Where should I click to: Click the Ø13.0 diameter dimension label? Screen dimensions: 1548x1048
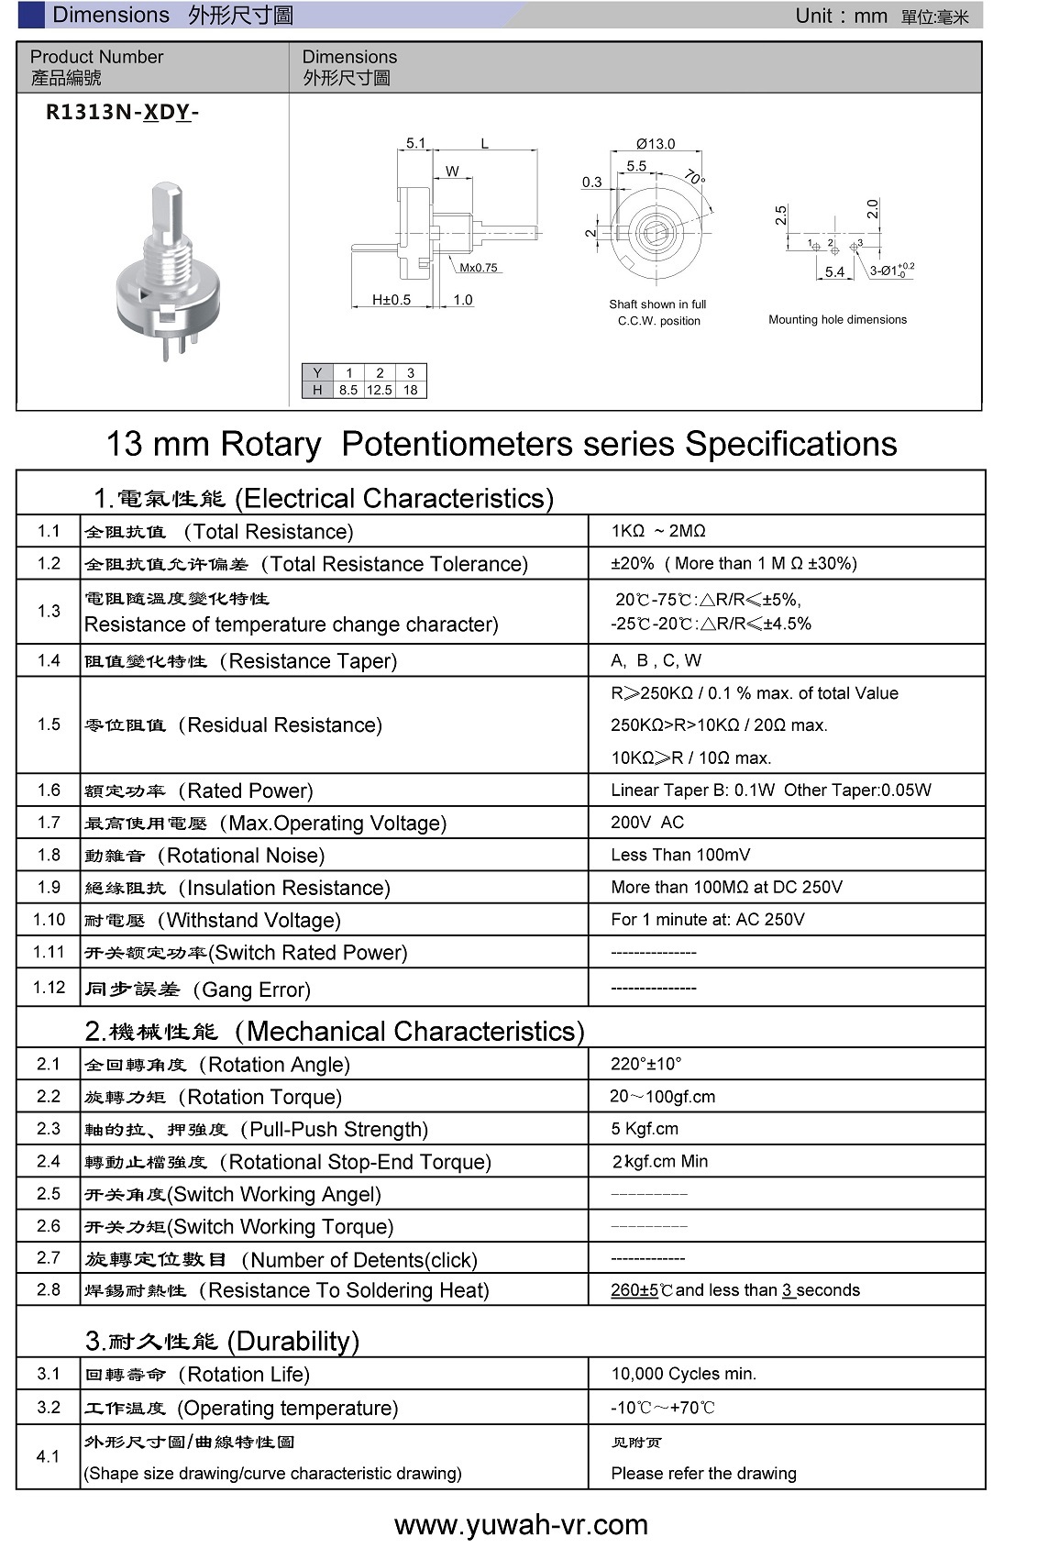click(656, 144)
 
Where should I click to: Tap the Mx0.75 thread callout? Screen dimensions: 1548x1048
click(479, 268)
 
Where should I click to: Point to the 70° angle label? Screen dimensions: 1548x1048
click(695, 177)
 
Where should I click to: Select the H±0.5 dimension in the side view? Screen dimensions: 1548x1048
click(392, 300)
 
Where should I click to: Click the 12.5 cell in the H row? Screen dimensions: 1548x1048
click(379, 390)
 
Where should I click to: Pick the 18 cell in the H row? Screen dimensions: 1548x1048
click(410, 390)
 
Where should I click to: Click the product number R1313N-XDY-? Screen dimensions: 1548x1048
click(123, 112)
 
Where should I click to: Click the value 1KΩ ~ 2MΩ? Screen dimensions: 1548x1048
click(658, 531)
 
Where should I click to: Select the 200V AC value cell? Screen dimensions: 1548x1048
click(647, 823)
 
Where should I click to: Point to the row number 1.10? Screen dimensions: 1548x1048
click(49, 919)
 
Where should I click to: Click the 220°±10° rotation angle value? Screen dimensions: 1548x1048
click(646, 1064)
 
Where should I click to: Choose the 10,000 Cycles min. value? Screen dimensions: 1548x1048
click(684, 1374)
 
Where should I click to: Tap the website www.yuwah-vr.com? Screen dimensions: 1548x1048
click(521, 1524)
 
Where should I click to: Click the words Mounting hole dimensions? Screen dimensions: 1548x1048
click(837, 319)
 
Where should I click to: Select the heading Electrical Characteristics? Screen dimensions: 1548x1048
click(394, 498)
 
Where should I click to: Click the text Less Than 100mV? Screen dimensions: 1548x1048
click(680, 855)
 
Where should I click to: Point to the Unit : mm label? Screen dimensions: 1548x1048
click(841, 16)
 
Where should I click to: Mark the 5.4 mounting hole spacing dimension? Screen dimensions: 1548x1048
click(834, 271)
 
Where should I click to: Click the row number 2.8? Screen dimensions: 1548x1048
click(49, 1289)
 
